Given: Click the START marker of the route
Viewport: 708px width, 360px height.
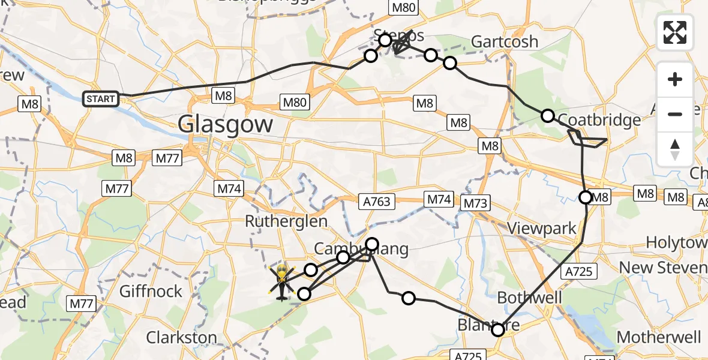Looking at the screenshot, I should point(100,98).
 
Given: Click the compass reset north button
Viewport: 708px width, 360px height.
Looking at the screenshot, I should point(675,149).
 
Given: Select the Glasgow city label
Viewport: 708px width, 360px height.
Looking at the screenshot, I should point(226,125).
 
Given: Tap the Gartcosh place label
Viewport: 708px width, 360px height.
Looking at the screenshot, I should point(505,42).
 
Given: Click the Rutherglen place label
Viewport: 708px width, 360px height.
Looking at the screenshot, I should point(286,221).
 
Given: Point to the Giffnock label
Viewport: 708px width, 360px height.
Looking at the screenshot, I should point(151,292).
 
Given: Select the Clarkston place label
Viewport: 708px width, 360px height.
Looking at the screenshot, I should point(181,337).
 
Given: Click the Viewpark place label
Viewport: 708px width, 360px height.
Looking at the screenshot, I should point(541,228).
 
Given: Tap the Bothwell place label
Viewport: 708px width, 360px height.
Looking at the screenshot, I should point(529,298).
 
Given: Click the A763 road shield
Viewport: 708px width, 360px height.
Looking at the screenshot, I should point(377,201).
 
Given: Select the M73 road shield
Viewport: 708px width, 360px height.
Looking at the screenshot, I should point(475,203).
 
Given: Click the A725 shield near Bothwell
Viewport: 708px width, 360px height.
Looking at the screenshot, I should point(578,271).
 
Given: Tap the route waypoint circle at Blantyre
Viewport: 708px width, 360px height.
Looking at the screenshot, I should point(498,329).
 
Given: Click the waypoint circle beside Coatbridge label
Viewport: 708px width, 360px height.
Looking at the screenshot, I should point(548,116).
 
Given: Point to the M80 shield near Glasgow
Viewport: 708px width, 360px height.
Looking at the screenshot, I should point(295,102).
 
